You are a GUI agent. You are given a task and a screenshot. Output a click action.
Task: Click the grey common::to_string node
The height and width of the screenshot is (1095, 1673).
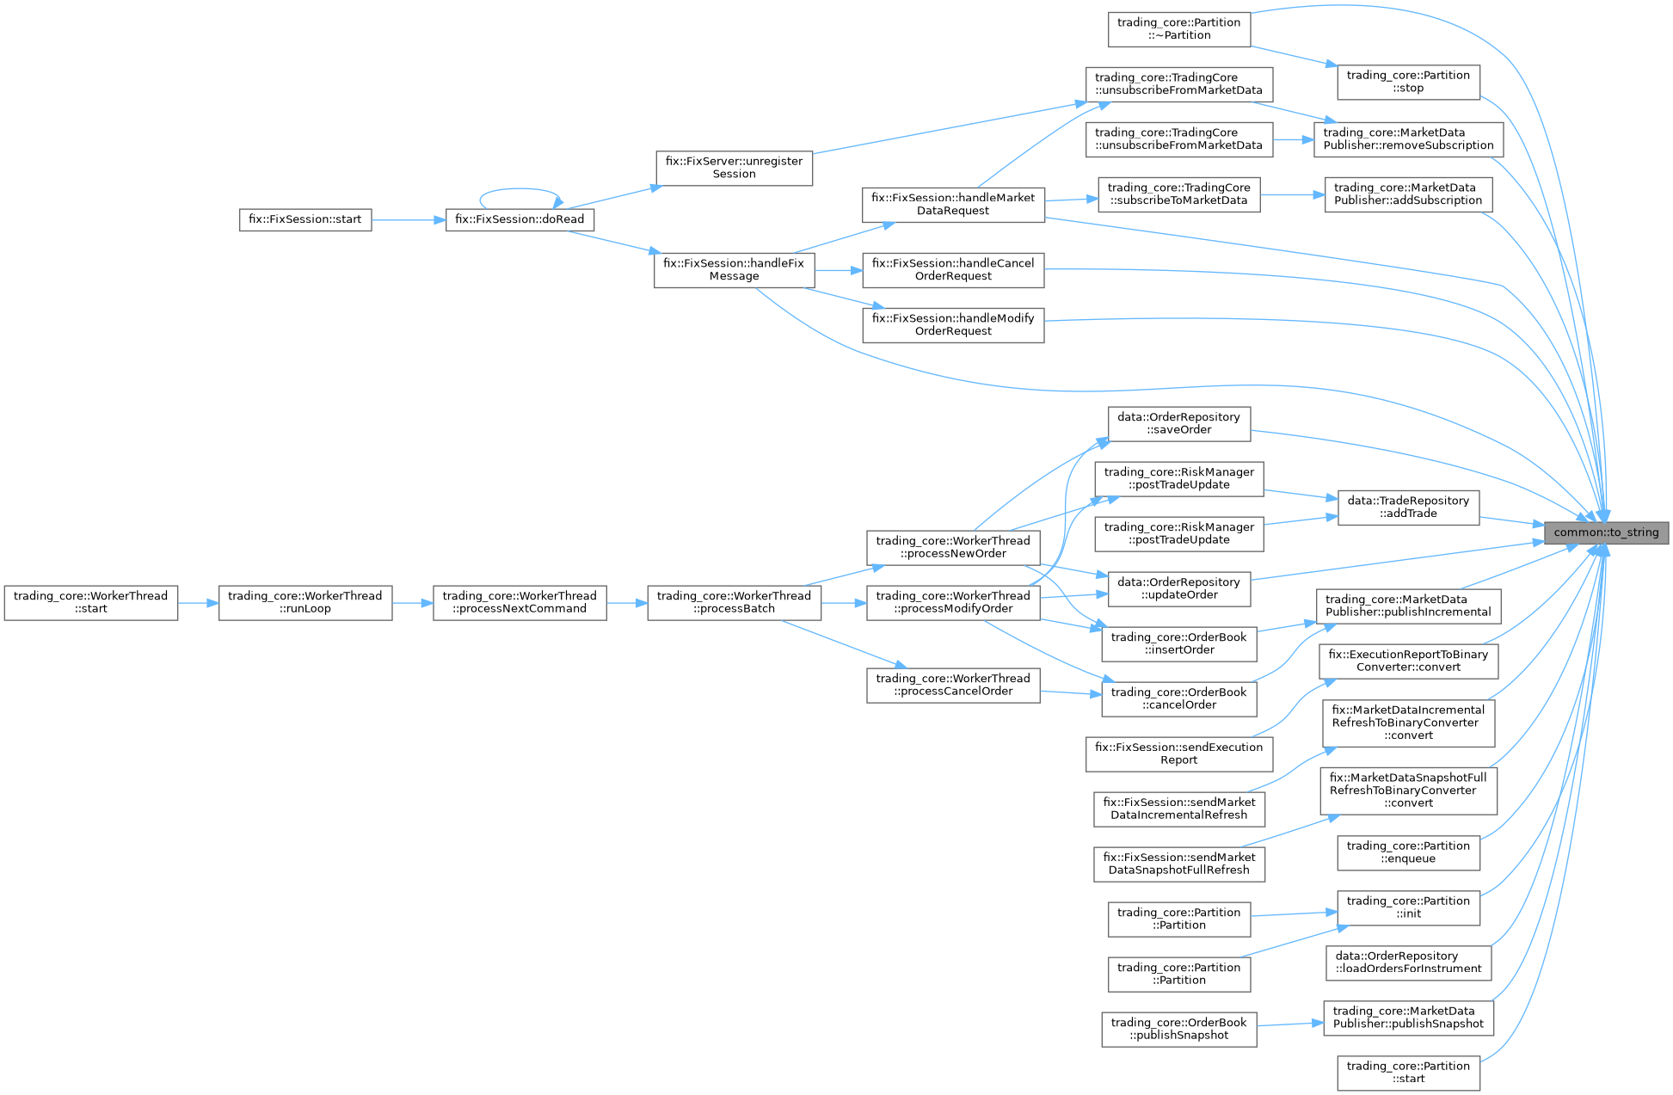[1606, 532]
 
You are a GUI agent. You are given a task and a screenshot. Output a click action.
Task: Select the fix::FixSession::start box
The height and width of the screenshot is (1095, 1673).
[304, 219]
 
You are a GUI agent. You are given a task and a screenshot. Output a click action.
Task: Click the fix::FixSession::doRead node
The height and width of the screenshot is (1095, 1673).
[520, 219]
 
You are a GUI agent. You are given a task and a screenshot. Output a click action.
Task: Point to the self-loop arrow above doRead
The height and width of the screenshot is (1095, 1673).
[520, 190]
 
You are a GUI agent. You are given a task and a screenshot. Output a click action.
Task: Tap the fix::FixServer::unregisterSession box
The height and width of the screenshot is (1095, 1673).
[734, 168]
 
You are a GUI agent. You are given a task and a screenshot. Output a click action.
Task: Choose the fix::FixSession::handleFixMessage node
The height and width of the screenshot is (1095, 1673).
[734, 270]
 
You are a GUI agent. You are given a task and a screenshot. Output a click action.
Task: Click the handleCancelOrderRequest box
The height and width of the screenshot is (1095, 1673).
[953, 270]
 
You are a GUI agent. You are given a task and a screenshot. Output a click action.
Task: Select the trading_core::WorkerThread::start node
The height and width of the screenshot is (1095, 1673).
[90, 602]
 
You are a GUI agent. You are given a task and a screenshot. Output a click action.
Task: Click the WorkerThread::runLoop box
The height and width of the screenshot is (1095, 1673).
[305, 602]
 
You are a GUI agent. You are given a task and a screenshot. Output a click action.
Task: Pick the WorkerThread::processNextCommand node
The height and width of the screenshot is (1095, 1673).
[520, 602]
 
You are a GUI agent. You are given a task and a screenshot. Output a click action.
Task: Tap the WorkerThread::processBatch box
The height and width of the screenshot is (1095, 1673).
[734, 602]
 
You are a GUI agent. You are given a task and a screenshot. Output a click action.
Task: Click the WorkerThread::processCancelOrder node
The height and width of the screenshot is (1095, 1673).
[953, 685]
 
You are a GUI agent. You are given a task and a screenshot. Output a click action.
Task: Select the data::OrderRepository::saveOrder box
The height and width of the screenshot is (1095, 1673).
[1178, 423]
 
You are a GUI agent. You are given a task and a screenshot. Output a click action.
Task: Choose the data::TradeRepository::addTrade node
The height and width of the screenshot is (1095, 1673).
[1408, 507]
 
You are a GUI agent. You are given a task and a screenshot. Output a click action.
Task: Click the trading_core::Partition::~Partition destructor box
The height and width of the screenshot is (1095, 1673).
[1178, 29]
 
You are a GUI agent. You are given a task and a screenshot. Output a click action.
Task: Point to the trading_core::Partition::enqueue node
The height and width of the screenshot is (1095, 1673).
[1408, 852]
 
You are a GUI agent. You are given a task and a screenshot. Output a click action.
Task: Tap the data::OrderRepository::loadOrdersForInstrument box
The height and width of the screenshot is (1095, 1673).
[1408, 963]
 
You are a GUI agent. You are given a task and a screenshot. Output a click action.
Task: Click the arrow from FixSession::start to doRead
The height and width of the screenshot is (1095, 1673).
[408, 220]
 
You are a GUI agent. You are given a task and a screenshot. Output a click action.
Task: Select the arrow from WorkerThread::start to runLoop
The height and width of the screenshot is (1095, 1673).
[198, 603]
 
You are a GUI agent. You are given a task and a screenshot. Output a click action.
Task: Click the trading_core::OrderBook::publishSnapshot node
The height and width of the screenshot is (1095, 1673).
[1178, 1029]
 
